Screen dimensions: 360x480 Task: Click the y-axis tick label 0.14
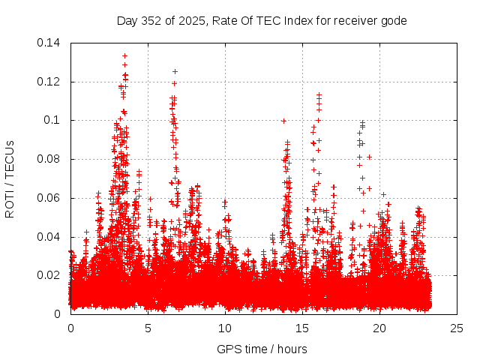coord(51,43)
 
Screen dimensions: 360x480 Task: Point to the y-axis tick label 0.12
coord(51,82)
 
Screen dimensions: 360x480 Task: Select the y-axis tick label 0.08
coord(51,159)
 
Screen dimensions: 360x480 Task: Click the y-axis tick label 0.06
coord(51,198)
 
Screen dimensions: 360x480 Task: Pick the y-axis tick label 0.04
coord(51,237)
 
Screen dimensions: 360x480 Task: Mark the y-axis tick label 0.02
coord(51,275)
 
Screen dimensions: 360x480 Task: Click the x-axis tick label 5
coord(148,328)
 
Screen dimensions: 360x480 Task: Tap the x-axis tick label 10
coord(225,328)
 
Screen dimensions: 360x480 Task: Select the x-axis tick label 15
coord(302,328)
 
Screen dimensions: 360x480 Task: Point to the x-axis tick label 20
coord(379,328)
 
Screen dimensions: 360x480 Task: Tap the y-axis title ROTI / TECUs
coord(10,178)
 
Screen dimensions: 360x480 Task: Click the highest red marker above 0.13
coord(124,55)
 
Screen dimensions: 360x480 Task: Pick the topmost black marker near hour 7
coord(175,72)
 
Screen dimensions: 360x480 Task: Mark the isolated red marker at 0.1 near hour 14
coord(283,121)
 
